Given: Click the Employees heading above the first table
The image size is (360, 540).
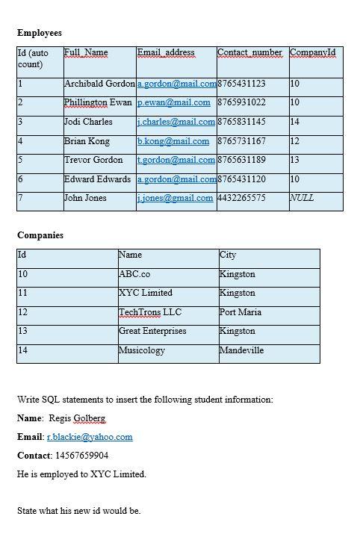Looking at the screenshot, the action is (x=40, y=33).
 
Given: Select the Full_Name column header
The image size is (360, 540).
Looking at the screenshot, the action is (x=86, y=52).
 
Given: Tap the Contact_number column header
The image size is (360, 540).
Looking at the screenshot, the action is (x=249, y=52).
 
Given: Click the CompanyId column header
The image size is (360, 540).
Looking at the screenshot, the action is (x=313, y=52).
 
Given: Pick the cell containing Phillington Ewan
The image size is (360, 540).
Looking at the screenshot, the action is (x=98, y=102).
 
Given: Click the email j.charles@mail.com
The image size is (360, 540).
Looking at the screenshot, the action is (x=176, y=122).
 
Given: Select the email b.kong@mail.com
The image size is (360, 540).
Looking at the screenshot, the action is (x=173, y=141).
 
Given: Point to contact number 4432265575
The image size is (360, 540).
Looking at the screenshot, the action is (x=241, y=198).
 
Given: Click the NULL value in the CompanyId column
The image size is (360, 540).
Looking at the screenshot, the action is (x=302, y=198).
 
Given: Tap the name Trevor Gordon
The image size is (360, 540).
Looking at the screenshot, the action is (x=93, y=160).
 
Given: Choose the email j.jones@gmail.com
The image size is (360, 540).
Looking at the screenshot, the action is (x=175, y=198).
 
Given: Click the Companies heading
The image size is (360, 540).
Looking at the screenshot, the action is (x=40, y=235).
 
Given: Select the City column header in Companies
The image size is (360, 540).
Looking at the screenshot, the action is (x=228, y=255).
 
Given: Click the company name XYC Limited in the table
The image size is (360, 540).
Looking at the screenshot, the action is (x=146, y=293).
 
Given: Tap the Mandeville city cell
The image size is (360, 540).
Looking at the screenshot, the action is (x=241, y=350).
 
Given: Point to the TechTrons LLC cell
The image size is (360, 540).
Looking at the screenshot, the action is (x=150, y=312).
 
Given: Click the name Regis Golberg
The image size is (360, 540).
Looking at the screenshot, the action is (x=77, y=418).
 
